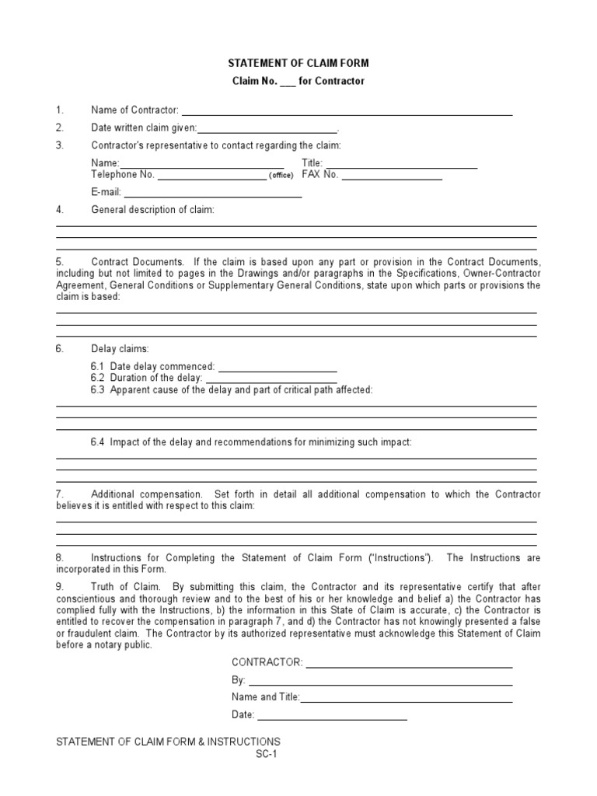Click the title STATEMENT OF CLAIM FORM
298,64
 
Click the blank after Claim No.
288,82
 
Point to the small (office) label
281,176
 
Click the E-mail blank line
213,194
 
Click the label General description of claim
152,210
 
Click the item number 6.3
97,389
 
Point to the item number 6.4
97,442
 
